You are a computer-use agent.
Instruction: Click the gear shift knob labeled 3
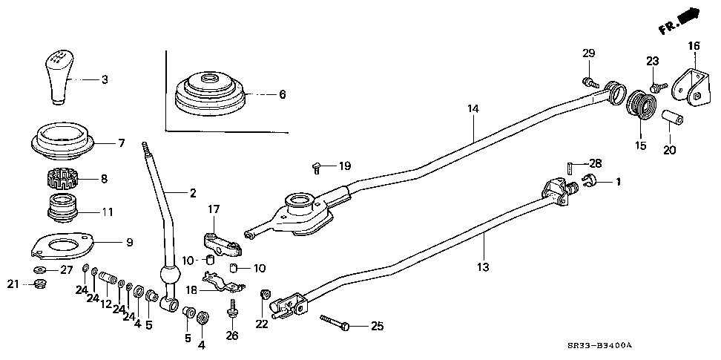58,78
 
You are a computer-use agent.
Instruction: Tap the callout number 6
283,94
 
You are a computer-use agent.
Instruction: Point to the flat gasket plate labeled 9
62,246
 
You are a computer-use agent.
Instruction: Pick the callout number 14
473,109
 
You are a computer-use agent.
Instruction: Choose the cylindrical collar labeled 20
672,120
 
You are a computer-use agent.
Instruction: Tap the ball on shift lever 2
169,275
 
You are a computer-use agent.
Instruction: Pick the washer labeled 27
39,269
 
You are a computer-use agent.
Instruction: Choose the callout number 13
483,266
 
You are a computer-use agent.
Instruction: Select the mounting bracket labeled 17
223,245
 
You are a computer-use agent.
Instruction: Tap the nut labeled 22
265,294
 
